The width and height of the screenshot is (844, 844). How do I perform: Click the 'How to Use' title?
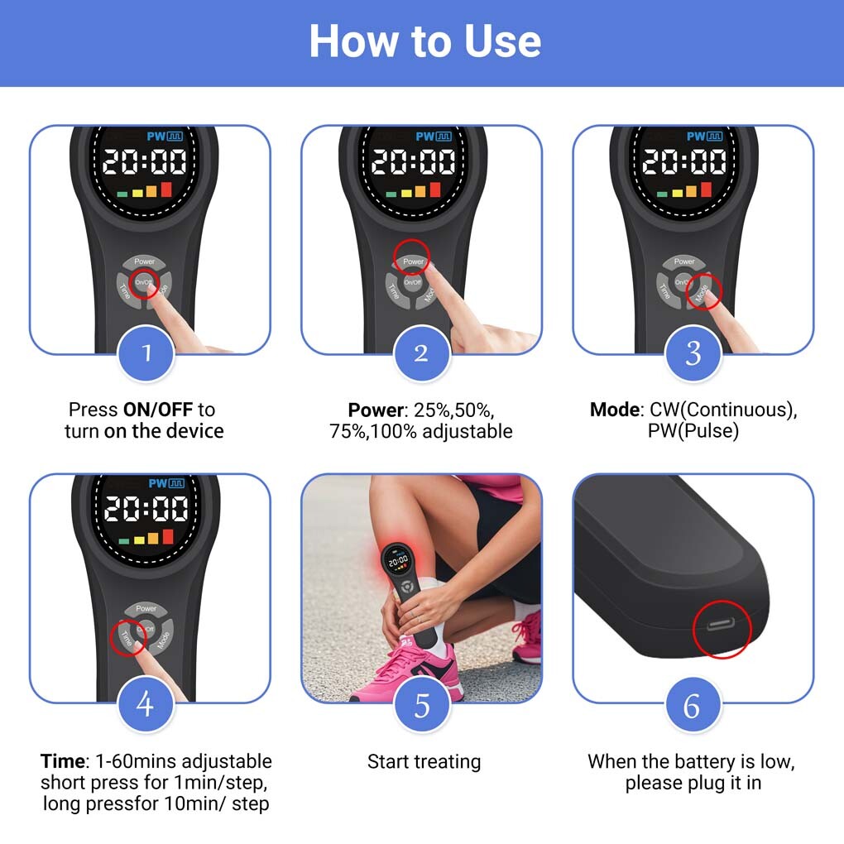(424, 41)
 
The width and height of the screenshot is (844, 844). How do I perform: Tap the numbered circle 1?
(146, 353)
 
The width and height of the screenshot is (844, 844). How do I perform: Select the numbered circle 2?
(421, 353)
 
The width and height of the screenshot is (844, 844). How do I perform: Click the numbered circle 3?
(693, 353)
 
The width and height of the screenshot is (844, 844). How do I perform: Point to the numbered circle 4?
(146, 704)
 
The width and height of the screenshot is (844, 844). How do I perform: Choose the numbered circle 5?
(421, 706)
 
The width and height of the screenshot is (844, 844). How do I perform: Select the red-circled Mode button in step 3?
(704, 291)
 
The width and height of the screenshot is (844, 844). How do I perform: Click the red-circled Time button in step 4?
(126, 638)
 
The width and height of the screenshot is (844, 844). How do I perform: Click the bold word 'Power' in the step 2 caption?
(375, 410)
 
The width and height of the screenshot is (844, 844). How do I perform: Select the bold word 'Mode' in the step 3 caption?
(614, 410)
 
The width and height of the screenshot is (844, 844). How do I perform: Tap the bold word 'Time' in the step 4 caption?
(62, 760)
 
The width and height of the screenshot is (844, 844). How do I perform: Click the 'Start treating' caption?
(424, 761)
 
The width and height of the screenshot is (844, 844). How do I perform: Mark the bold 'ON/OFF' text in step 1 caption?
(159, 410)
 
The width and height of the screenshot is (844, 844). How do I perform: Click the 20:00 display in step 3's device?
(684, 161)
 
